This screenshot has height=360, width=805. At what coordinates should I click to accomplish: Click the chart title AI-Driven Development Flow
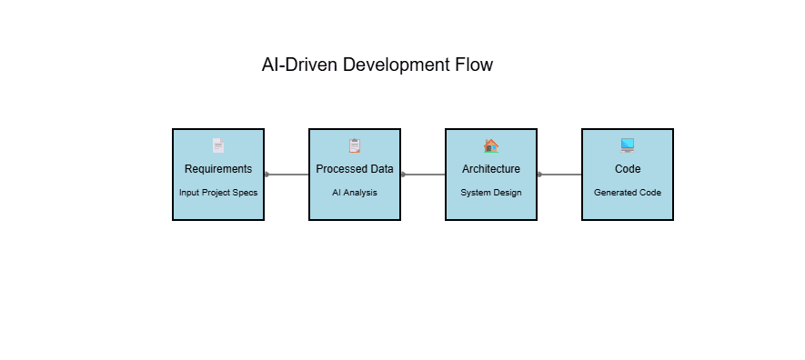click(377, 65)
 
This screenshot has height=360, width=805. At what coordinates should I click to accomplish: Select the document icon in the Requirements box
click(217, 145)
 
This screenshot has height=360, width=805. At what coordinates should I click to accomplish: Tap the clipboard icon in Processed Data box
click(355, 145)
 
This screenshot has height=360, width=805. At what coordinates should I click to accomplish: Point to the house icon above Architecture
click(491, 145)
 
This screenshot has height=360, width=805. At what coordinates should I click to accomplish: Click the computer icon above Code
click(628, 145)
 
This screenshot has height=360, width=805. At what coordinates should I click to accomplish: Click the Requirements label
click(218, 169)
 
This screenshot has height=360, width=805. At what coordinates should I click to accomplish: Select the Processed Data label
click(355, 169)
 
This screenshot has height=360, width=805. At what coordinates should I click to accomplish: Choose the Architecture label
click(491, 169)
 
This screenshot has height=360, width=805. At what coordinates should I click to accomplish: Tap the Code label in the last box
click(628, 169)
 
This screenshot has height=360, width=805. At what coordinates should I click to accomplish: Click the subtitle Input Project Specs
click(218, 193)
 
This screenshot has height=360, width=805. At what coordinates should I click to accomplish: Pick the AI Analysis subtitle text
click(355, 193)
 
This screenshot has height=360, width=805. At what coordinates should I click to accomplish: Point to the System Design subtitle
click(491, 193)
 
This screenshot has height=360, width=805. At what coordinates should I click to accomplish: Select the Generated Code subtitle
click(628, 193)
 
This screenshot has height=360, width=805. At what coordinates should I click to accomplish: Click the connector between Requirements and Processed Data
click(287, 175)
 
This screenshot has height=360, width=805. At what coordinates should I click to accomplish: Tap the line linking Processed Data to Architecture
click(424, 175)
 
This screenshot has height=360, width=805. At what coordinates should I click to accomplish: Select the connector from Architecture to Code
click(560, 175)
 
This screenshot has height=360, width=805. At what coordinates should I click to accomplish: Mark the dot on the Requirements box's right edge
click(267, 175)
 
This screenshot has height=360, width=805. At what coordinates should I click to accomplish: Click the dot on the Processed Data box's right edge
click(403, 175)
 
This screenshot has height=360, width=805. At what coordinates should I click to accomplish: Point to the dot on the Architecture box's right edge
click(539, 175)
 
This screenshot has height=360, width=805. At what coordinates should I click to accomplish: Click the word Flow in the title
click(473, 65)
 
